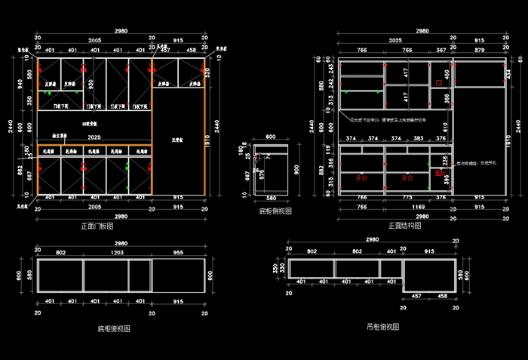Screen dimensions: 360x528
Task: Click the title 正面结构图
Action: [x=404, y=225]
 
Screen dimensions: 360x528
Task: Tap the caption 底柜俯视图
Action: [x=114, y=328]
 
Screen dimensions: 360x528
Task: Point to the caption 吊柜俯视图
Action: [x=382, y=327]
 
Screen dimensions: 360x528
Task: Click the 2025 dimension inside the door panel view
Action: [x=94, y=138]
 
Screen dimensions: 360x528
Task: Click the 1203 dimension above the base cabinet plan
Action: [x=118, y=253]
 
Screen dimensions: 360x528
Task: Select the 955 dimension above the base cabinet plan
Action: [x=179, y=253]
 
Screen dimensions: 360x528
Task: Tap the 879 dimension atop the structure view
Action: [x=480, y=50]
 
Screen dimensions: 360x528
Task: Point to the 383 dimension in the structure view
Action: [x=419, y=139]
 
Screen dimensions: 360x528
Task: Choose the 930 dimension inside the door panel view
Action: [x=91, y=83]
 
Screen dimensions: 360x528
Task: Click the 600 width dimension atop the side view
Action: [x=270, y=137]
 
